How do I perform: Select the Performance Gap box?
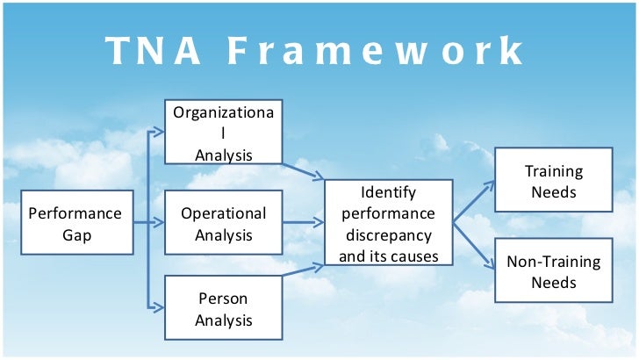point(77,222)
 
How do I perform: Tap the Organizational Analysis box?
point(223,133)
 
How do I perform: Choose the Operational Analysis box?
point(223,223)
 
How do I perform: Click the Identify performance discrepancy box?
point(388,223)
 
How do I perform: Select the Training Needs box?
point(553,181)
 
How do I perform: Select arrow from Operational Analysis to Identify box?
point(303,223)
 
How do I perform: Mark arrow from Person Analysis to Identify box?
point(303,270)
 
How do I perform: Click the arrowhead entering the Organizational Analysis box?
point(159,133)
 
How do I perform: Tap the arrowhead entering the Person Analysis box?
point(159,307)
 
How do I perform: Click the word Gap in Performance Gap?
point(75,234)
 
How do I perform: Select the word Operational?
point(223,213)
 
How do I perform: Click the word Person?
point(223,298)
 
